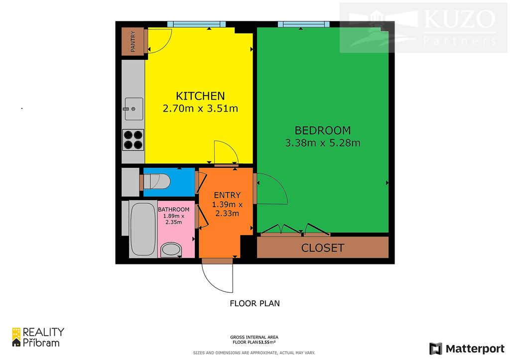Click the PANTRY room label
132,41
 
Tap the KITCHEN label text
200,96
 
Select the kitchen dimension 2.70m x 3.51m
200,108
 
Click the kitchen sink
133,109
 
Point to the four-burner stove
133,140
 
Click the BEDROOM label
323,130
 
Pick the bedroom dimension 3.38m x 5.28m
323,143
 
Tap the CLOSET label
323,248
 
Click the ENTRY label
227,195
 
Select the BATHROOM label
174,210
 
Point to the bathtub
143,229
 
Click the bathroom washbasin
171,250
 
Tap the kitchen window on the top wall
197,24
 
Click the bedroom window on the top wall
304,24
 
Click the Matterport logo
467,349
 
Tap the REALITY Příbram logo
38,337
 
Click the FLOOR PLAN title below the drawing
255,303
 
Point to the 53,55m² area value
267,342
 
